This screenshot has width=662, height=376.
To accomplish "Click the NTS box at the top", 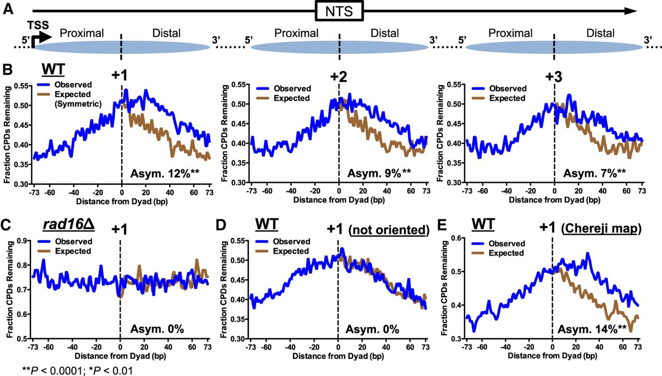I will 339,10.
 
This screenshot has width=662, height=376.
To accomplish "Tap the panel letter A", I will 8,10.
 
